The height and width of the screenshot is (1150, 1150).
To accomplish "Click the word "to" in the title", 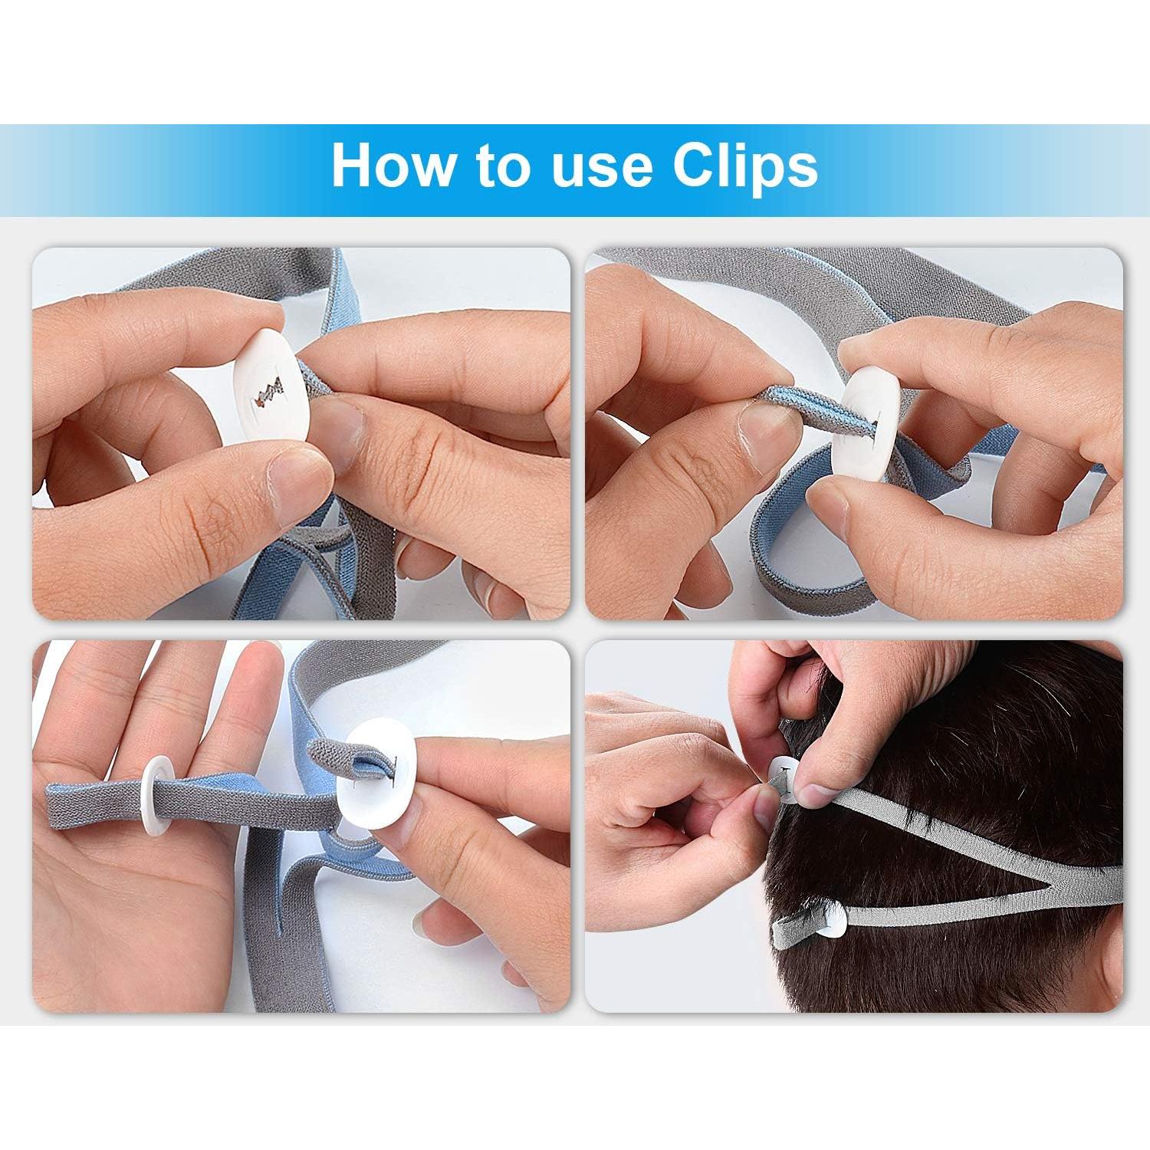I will point(502,166).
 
